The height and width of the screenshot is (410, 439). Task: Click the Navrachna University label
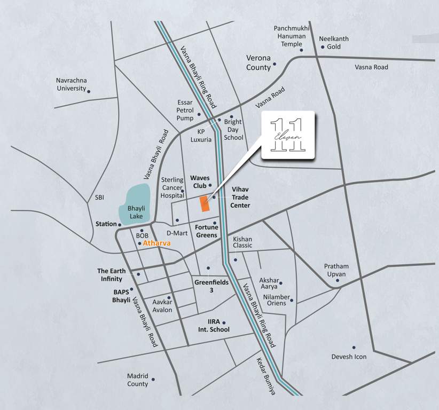tap(70, 84)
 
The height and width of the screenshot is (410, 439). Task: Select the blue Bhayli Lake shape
tap(137, 203)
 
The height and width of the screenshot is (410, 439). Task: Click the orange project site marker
tap(203, 204)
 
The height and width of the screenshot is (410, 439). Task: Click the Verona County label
tap(258, 63)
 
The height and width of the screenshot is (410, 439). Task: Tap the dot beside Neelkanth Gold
tap(322, 47)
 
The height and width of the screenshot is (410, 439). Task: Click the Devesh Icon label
tap(349, 357)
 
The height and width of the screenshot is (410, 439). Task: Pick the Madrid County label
tap(137, 380)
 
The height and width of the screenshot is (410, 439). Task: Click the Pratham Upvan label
tap(336, 270)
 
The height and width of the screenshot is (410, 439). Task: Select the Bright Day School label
tap(233, 130)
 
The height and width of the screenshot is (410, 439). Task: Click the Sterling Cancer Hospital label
tap(172, 188)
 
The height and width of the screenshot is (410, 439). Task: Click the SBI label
tap(99, 197)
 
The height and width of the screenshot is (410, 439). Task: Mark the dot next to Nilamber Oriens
tap(291, 301)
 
